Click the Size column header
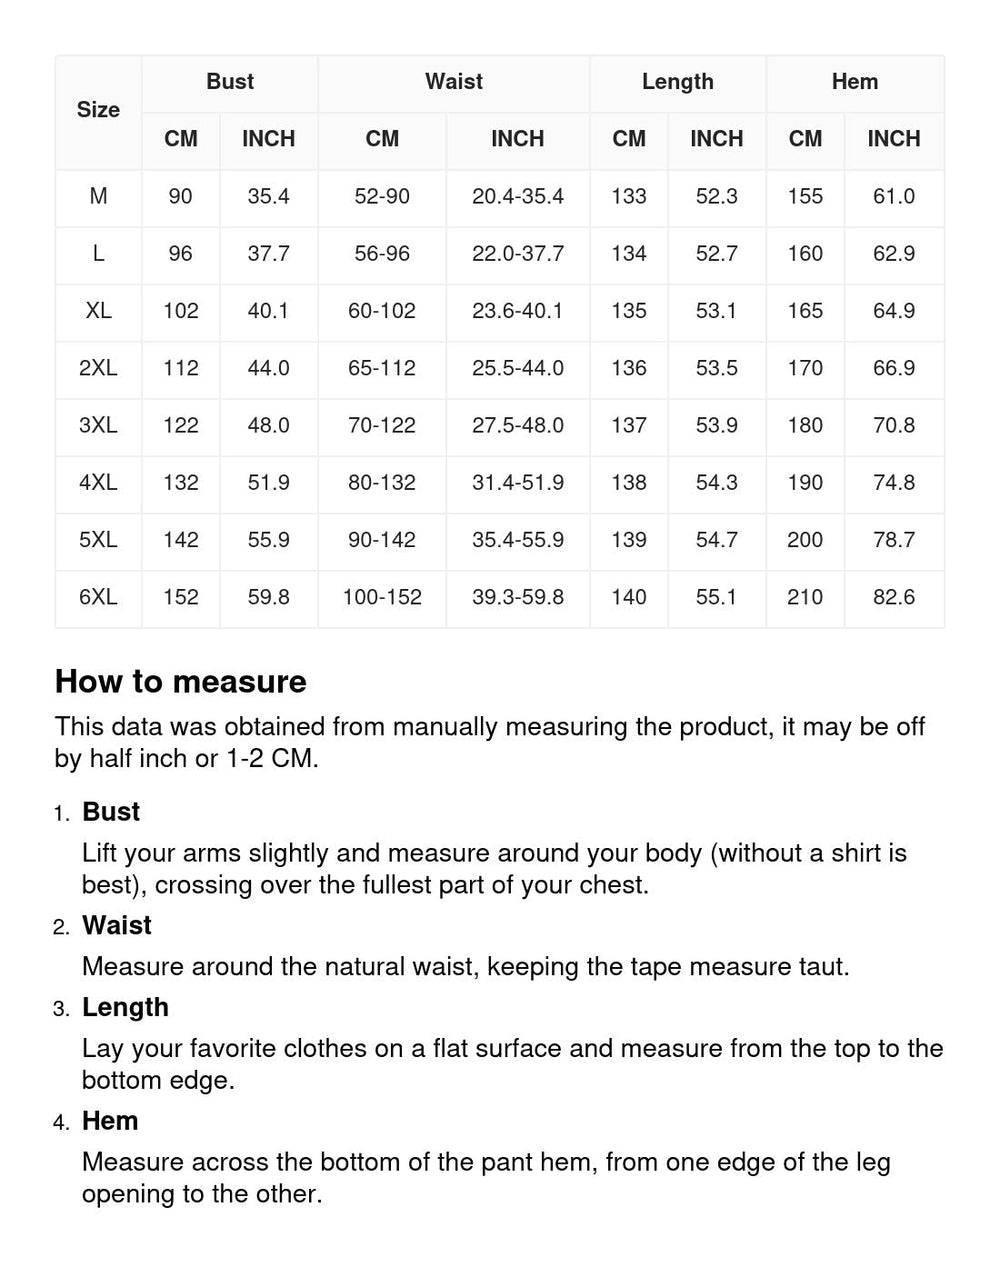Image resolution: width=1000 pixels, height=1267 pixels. (x=98, y=110)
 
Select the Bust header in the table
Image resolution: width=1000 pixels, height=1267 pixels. (x=230, y=82)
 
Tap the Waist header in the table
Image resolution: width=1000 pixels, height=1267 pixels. (x=454, y=82)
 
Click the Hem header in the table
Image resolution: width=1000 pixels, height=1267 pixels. (x=855, y=82)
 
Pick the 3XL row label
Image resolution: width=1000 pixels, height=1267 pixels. (x=98, y=425)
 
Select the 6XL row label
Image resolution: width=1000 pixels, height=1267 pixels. (x=98, y=597)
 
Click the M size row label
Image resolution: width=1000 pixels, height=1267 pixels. (x=98, y=196)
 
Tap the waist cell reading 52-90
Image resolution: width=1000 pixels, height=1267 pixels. (x=382, y=196)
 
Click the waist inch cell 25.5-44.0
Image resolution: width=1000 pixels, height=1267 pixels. (x=518, y=368)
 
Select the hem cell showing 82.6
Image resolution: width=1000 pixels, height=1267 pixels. (x=894, y=597)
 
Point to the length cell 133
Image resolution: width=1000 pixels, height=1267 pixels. (x=629, y=196)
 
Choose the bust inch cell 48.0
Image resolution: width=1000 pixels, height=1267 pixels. (x=269, y=425)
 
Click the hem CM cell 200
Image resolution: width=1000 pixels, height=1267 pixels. (x=805, y=540)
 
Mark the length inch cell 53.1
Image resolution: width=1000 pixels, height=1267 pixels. (x=717, y=311)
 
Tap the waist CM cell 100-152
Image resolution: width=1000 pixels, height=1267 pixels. (x=382, y=597)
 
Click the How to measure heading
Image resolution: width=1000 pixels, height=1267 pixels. (x=181, y=682)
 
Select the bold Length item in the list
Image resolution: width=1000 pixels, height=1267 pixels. (x=125, y=1007)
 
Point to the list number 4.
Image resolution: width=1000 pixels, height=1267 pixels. (x=61, y=1123)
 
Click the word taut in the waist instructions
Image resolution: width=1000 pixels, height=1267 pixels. (x=824, y=967)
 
